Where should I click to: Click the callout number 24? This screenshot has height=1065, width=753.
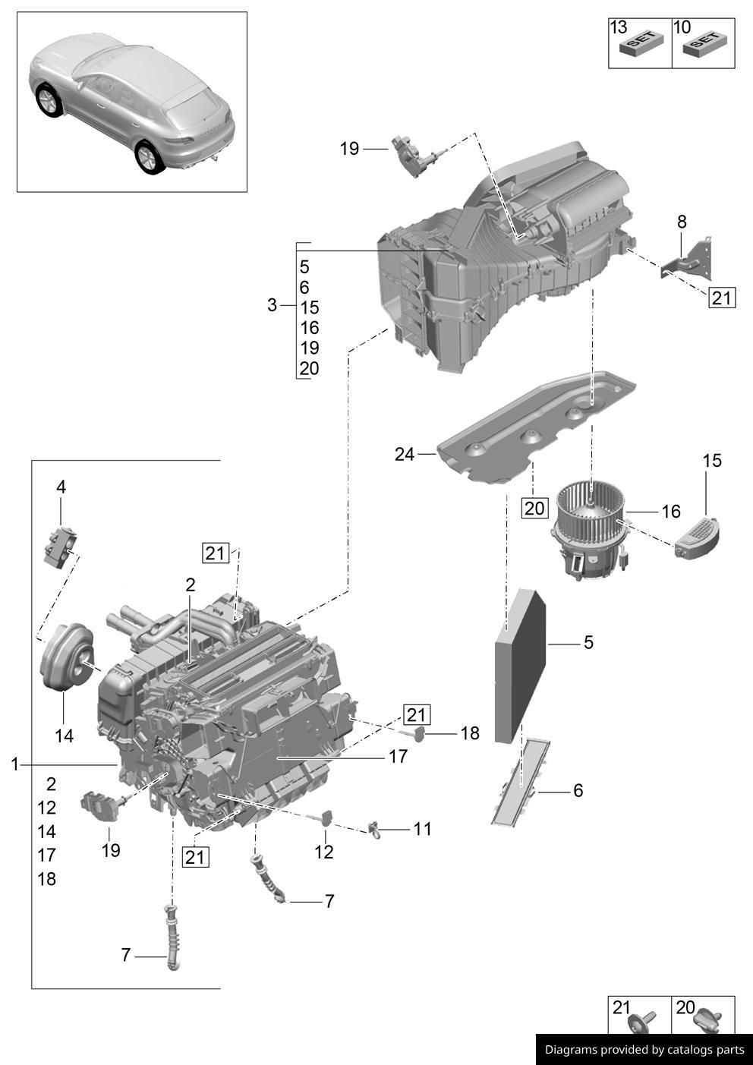(404, 454)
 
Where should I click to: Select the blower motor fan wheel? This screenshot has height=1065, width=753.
(591, 504)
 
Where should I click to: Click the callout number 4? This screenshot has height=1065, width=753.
(61, 487)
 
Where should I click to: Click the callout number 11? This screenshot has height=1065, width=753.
(422, 829)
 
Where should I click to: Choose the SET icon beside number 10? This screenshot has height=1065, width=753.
(703, 45)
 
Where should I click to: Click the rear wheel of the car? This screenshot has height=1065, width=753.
(147, 157)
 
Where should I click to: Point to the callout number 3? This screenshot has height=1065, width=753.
(272, 305)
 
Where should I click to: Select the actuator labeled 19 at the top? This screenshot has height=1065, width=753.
(412, 155)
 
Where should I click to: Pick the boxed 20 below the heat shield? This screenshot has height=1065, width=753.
(534, 507)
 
